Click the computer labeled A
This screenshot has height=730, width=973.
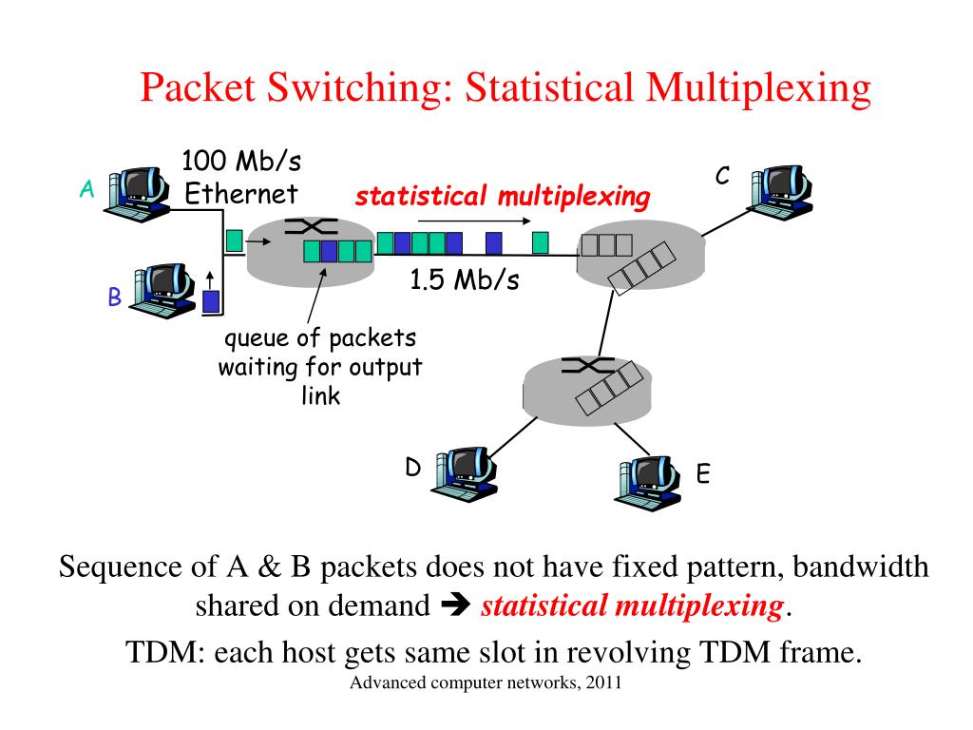(137, 193)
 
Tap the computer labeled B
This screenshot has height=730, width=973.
(162, 291)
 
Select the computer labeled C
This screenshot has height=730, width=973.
(780, 192)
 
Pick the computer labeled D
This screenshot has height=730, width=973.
(464, 473)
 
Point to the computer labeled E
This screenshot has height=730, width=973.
(647, 483)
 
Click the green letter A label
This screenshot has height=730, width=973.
(86, 189)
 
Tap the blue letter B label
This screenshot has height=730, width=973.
(114, 297)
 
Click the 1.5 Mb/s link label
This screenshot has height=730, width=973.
(464, 279)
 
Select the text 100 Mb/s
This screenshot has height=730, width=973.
(241, 161)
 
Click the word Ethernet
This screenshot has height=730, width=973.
(241, 194)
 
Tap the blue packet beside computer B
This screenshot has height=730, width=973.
(211, 301)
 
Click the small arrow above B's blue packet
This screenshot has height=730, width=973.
(210, 279)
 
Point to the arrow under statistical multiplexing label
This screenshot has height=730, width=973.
(475, 221)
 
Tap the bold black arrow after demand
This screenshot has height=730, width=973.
(456, 605)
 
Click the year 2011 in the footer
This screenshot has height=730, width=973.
(603, 682)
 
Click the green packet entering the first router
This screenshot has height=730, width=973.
(234, 240)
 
